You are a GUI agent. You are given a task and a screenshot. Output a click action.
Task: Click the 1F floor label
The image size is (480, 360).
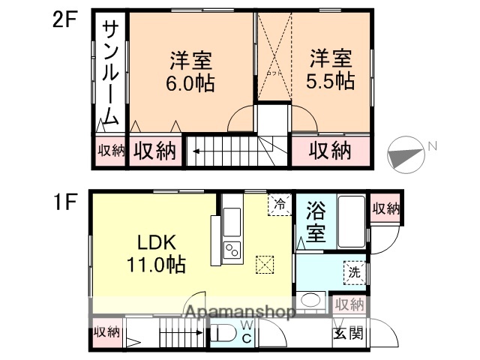[x=64, y=202]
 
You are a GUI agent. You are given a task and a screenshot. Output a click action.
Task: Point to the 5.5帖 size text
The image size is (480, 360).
[x=330, y=81]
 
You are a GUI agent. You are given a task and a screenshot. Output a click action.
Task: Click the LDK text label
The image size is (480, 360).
[x=155, y=244]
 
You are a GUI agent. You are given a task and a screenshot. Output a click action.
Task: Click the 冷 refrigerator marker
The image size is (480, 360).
[x=278, y=204]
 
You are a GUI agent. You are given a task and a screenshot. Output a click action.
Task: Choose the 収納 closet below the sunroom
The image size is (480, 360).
[x=110, y=150]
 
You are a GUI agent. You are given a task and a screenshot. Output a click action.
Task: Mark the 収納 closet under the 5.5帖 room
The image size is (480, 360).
[x=331, y=150]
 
